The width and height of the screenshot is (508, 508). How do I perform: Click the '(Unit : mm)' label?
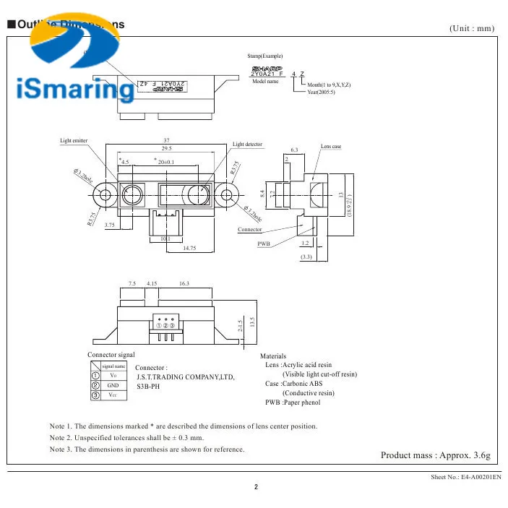[472, 28]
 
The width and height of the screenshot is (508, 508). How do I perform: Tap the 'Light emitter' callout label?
[74, 140]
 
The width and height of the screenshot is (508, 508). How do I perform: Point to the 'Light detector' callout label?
[248, 145]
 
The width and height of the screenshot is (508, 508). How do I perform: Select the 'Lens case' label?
[331, 147]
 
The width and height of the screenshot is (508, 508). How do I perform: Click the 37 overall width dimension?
[167, 140]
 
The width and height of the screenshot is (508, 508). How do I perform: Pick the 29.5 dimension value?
[167, 148]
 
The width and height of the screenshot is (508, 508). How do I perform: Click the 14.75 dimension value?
[190, 249]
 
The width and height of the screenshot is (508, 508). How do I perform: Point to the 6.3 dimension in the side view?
[295, 150]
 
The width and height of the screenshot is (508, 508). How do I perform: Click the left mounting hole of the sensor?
[106, 194]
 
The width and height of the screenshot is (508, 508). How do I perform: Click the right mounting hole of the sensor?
[228, 194]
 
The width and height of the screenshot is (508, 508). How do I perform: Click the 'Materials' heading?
[273, 356]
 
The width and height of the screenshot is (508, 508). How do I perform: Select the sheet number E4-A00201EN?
[466, 478]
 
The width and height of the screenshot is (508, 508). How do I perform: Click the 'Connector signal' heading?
[111, 355]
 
